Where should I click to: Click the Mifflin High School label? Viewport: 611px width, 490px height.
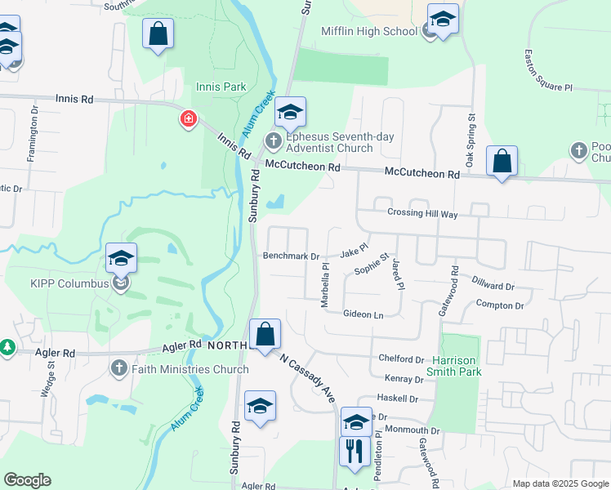(x=369, y=32)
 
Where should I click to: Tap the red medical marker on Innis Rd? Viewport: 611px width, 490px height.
(x=189, y=120)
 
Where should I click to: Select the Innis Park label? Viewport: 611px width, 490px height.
(x=215, y=87)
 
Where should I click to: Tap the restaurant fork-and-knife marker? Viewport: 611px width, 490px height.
(x=355, y=451)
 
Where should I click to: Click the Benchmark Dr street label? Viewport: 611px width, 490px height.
(x=291, y=256)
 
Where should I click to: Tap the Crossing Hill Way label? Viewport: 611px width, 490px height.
(x=422, y=214)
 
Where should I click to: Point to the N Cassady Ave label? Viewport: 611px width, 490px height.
(x=308, y=378)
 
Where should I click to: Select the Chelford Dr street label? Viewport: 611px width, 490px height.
(x=401, y=359)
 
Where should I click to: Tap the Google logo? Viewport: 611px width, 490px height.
(x=27, y=480)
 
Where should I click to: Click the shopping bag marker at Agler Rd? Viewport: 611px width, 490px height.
(x=265, y=334)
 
